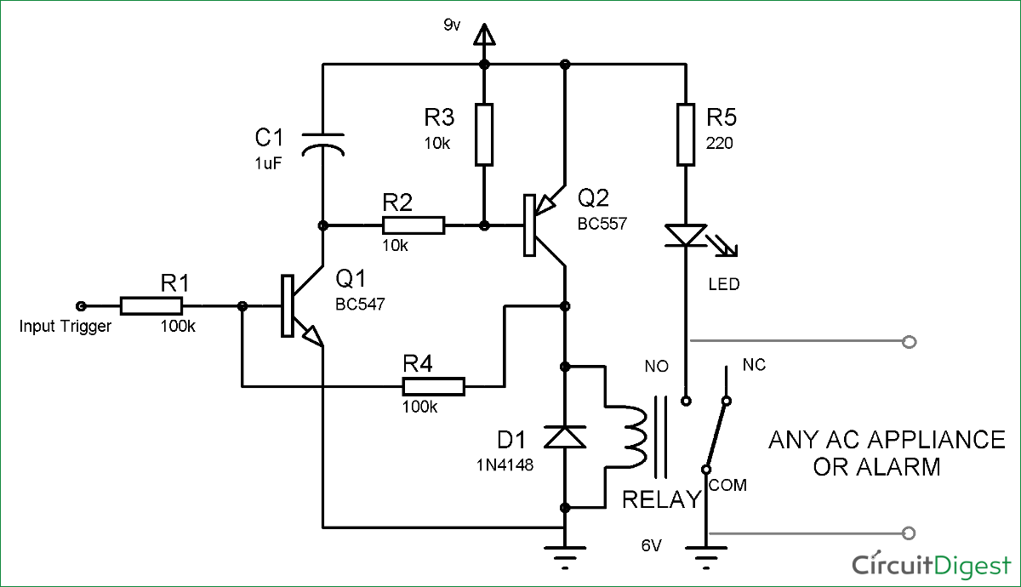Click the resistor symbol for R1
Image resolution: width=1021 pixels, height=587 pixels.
pyautogui.click(x=151, y=306)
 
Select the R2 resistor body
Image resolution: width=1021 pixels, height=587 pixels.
pyautogui.click(x=413, y=225)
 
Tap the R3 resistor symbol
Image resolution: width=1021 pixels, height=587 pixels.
pyautogui.click(x=484, y=134)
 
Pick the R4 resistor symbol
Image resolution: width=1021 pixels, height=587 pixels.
pyautogui.click(x=433, y=388)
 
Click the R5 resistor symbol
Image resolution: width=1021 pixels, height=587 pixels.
pyautogui.click(x=687, y=134)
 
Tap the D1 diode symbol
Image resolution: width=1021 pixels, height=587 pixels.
pyautogui.click(x=565, y=436)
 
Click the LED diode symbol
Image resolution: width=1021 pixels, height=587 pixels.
pyautogui.click(x=687, y=236)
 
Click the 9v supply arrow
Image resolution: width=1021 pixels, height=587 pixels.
pyautogui.click(x=484, y=35)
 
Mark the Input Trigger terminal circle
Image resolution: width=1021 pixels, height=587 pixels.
pyautogui.click(x=81, y=306)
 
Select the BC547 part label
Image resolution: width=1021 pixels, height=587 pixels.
pyautogui.click(x=360, y=304)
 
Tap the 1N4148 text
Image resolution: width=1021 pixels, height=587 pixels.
pyautogui.click(x=505, y=465)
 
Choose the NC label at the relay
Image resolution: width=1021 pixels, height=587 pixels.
pyautogui.click(x=754, y=365)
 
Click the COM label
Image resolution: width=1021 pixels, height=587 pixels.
pyautogui.click(x=727, y=485)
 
